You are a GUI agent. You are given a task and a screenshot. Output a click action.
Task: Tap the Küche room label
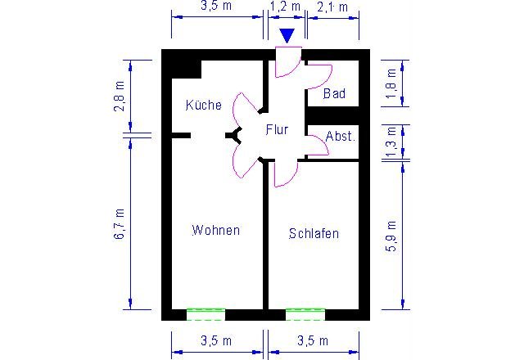(204, 105)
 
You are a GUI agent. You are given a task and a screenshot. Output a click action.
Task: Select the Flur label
(277, 129)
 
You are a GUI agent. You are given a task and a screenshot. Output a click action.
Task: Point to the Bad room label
(334, 93)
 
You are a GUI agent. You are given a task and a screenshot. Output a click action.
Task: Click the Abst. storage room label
(340, 136)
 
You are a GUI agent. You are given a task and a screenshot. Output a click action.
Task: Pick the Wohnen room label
(216, 230)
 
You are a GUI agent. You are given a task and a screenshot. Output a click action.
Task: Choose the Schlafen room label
(314, 233)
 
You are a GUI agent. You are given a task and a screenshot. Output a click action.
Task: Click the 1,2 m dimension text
(285, 7)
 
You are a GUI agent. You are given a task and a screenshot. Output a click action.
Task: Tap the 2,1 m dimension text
(332, 7)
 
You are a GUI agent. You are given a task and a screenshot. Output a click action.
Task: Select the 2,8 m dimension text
(120, 96)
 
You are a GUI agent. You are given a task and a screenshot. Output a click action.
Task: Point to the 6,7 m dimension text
(120, 224)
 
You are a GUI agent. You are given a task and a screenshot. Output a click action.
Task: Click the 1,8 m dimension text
(391, 83)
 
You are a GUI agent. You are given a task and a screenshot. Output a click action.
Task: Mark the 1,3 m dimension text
(391, 142)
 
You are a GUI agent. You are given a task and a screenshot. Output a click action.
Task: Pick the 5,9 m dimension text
(391, 236)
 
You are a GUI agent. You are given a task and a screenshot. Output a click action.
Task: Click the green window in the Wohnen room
(206, 314)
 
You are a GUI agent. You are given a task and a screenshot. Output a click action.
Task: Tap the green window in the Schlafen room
(305, 314)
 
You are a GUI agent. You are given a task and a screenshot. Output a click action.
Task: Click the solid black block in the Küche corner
(187, 69)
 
